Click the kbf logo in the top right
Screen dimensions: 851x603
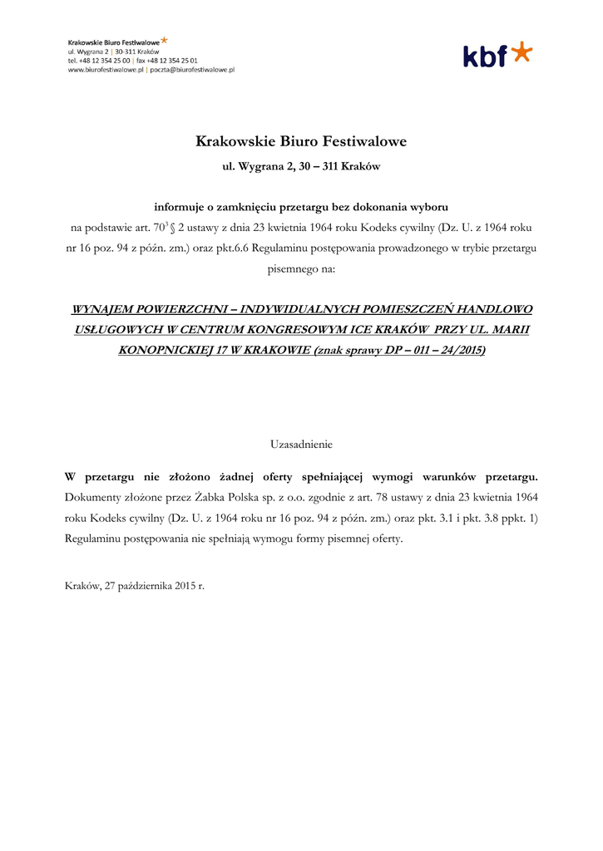[497, 55]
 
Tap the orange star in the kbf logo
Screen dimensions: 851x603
[521, 52]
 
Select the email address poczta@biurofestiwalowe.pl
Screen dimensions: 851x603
[191, 71]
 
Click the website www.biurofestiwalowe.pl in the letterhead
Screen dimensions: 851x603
[106, 71]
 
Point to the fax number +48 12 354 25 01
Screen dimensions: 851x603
[172, 61]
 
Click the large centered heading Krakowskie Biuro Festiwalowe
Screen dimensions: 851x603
[301, 141]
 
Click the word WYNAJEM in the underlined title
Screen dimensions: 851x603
[104, 309]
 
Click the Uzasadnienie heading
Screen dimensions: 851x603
[301, 445]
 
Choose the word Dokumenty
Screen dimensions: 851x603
[94, 497]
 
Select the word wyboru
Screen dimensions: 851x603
[427, 206]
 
